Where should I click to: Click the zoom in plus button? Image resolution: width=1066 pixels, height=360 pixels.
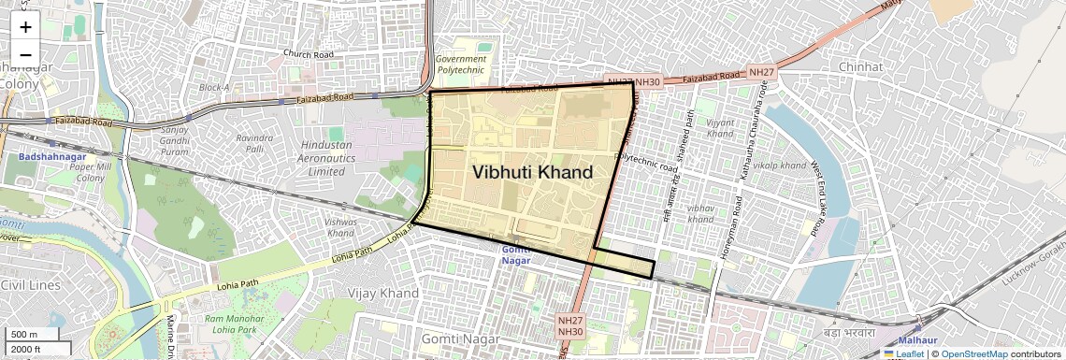coord(25,27)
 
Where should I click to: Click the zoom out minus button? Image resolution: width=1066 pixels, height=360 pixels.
coord(25,54)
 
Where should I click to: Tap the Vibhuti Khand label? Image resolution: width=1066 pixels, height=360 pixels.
coord(532,173)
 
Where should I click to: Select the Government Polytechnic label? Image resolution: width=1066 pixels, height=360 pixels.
coord(461,64)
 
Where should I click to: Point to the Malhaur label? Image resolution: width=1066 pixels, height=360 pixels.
coord(917,340)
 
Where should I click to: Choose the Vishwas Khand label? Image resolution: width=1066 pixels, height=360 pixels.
coord(340,226)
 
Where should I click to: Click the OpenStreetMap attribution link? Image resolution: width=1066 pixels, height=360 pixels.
coord(973,354)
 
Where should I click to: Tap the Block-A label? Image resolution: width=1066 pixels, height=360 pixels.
coord(214,87)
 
